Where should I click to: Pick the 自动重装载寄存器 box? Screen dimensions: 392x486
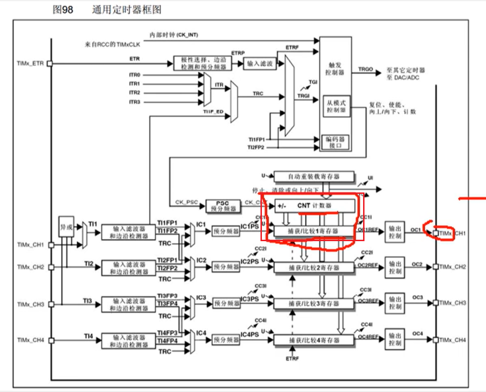[314, 177]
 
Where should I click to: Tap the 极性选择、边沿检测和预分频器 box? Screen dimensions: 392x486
[200, 64]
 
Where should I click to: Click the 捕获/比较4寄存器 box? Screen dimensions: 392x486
[314, 340]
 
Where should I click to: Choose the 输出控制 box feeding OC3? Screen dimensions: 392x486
[395, 303]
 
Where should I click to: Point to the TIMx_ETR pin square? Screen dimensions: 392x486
[50, 63]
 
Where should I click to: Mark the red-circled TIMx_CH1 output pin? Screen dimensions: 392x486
[435, 233]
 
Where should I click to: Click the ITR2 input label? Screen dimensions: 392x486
[135, 93]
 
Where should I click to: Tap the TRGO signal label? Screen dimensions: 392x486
[365, 70]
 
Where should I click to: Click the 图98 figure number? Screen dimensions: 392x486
[63, 10]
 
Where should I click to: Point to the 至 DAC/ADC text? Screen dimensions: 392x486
[403, 78]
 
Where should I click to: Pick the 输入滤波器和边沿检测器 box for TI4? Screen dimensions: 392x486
[128, 340]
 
